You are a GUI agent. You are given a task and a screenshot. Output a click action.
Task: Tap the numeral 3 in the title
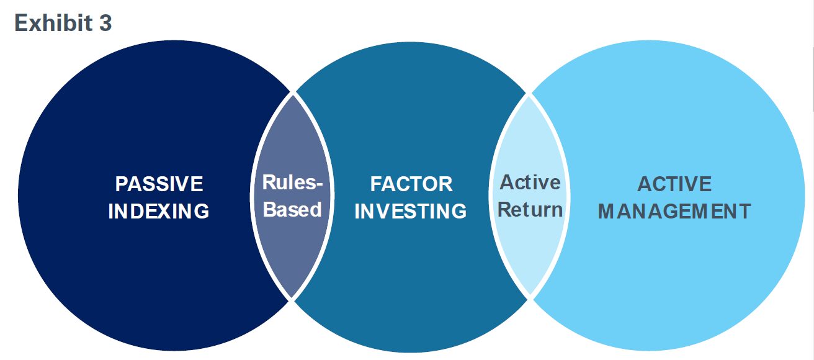[x=104, y=23]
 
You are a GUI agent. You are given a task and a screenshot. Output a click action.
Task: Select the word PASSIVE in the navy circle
[x=159, y=184]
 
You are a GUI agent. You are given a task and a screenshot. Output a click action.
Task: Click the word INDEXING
[x=159, y=211]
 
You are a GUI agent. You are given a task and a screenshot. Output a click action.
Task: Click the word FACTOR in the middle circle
[x=411, y=184]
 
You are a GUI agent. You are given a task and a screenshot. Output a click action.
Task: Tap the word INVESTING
[x=411, y=211]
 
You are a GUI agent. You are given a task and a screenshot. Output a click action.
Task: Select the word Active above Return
[x=530, y=182]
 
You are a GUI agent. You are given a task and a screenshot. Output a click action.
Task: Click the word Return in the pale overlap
[x=530, y=209]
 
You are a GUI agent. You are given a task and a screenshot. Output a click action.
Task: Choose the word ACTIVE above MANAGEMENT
[x=674, y=184]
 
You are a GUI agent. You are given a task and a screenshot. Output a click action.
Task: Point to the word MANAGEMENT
[x=674, y=211]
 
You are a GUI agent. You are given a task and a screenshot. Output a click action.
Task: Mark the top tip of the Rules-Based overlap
[x=293, y=94]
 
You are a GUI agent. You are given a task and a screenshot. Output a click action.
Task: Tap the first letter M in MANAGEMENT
[x=606, y=211]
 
